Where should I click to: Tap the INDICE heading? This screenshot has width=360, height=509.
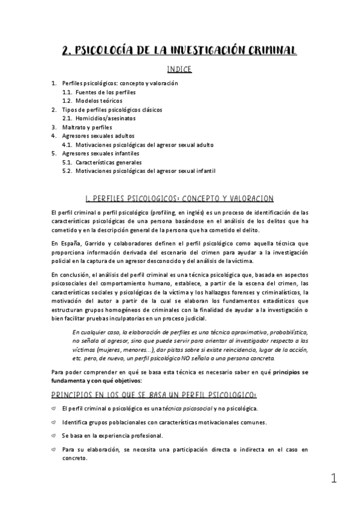[179, 69]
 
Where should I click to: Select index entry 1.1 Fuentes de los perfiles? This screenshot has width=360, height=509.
[99, 92]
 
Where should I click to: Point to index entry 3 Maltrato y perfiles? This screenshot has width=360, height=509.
[86, 127]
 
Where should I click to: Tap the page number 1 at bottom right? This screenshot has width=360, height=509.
[334, 479]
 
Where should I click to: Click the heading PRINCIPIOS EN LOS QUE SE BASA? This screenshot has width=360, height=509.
[154, 394]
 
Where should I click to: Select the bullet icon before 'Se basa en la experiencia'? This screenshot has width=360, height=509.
[54, 435]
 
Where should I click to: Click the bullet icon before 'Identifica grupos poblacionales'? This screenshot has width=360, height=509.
[54, 422]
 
